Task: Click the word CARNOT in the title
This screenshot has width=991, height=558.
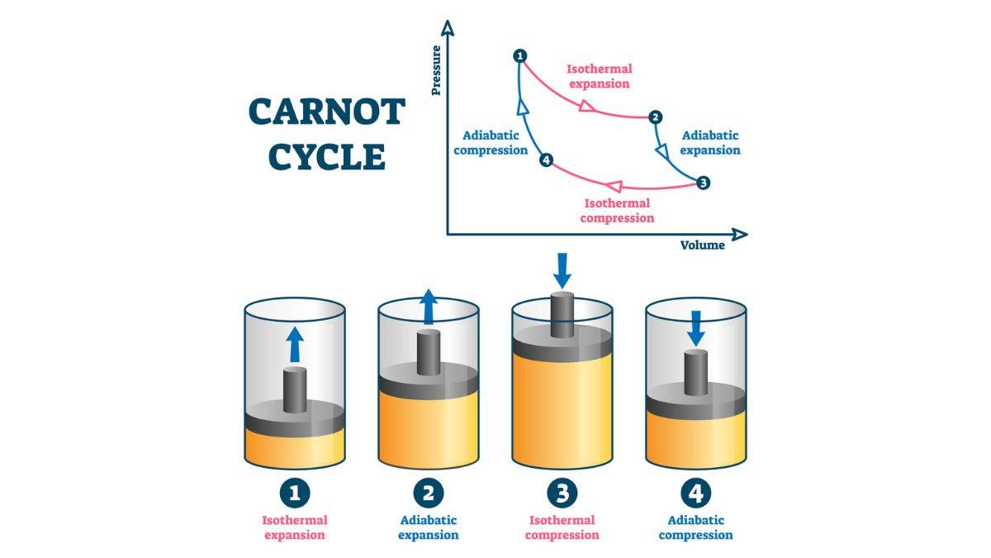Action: (x=326, y=112)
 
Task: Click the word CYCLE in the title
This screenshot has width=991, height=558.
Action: (x=328, y=156)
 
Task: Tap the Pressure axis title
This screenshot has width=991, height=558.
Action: (x=436, y=71)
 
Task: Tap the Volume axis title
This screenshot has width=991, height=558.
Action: (x=702, y=245)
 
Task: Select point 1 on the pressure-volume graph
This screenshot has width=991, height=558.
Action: (x=519, y=55)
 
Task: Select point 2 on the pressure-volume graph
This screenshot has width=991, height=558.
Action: (x=655, y=117)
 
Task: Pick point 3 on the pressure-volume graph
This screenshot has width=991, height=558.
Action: (x=703, y=183)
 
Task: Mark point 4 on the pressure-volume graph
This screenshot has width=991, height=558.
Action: (x=544, y=160)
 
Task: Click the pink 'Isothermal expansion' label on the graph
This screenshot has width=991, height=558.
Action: (x=599, y=76)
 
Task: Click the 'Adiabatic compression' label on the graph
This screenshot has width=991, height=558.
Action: (x=491, y=142)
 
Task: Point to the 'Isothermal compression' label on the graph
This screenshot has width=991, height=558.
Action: (x=617, y=211)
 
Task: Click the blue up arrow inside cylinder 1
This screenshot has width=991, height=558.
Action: (x=295, y=343)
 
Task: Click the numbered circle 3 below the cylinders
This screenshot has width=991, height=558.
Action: (x=562, y=494)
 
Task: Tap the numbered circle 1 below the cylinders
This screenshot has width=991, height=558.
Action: (x=295, y=494)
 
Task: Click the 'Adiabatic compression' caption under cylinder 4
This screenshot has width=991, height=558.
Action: (x=695, y=527)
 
